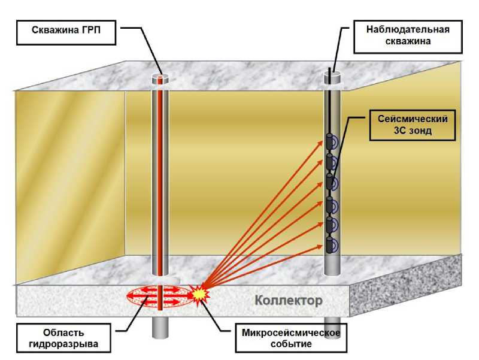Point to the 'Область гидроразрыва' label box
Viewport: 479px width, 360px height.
coord(63,338)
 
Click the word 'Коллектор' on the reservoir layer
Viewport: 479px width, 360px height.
coord(289,300)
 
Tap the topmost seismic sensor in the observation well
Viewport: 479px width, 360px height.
coord(330,141)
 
